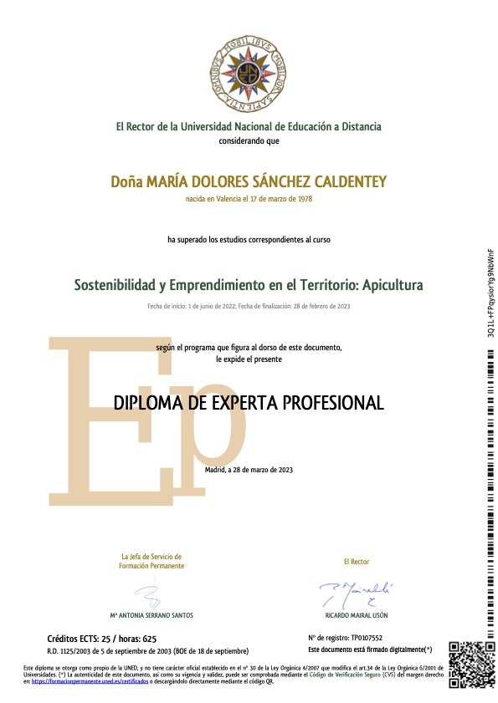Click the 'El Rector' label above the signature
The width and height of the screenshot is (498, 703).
point(357,562)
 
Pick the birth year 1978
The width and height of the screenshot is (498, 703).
point(304,199)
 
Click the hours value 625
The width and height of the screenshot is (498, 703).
point(149,638)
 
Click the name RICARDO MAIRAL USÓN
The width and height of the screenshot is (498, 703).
point(356,614)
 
